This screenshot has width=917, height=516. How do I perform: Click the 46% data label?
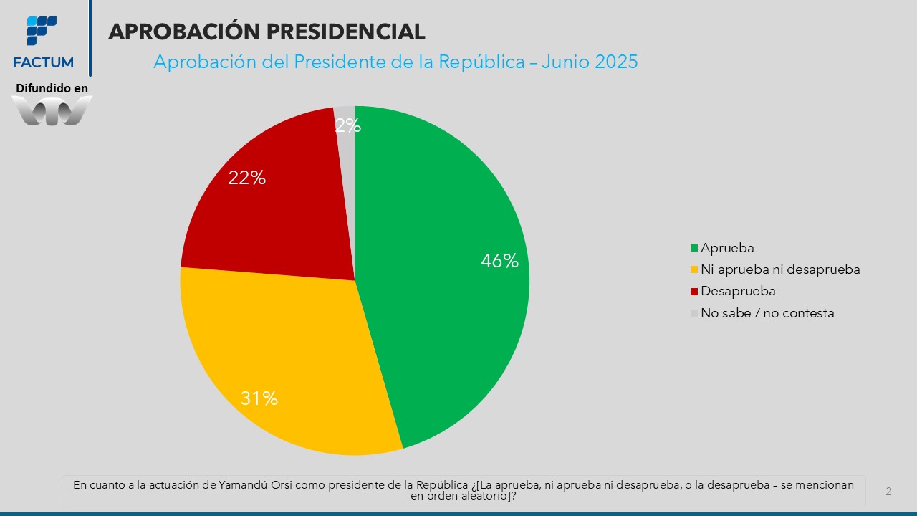point(499,261)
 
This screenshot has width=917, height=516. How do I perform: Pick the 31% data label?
point(259,398)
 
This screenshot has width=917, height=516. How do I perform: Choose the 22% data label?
point(246,178)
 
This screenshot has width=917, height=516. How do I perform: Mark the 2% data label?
point(347,126)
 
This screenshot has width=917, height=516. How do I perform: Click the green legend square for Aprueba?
point(693,249)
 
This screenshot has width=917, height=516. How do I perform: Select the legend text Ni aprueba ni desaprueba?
point(780,269)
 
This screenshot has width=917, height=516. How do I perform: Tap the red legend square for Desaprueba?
point(693,292)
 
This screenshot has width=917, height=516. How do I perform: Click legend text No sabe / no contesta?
point(767,313)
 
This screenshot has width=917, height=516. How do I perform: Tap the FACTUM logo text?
point(43,62)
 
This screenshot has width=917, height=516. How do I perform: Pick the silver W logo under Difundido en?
point(52,111)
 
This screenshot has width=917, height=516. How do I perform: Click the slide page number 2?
point(888,492)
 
